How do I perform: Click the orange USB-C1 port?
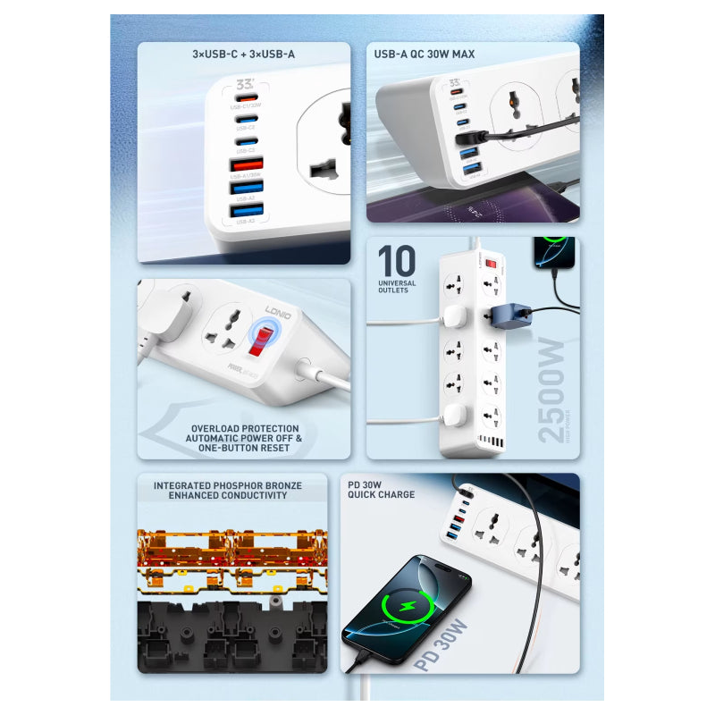(246, 97)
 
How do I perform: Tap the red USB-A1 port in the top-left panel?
(247, 164)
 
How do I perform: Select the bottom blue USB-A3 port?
(247, 210)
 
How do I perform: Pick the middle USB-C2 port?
(246, 119)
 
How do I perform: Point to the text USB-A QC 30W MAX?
(425, 55)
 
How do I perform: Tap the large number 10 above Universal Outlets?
(396, 261)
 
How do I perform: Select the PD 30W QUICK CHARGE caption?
(381, 489)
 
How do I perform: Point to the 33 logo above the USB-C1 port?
(246, 83)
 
